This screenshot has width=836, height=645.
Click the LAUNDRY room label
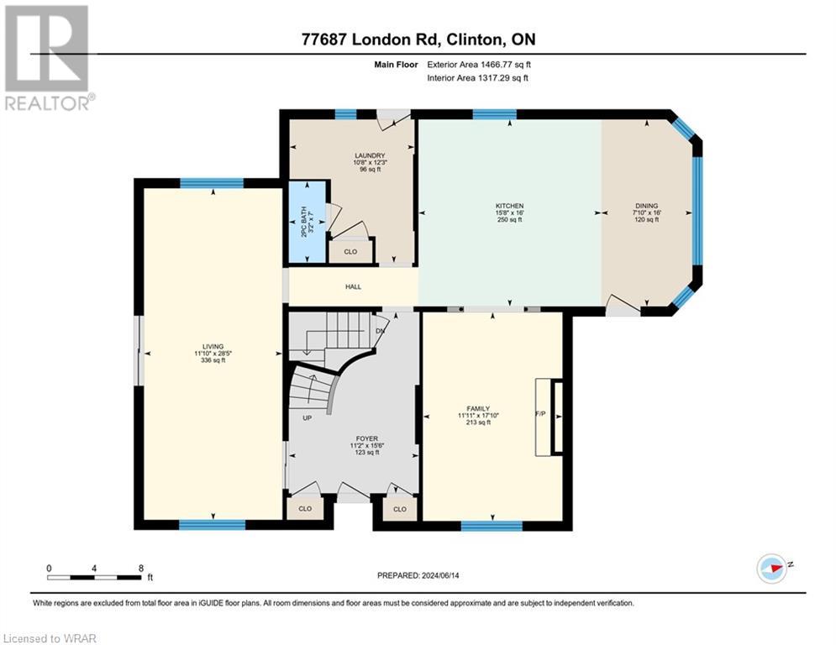click(x=370, y=155)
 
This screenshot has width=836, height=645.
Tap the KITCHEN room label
click(x=509, y=206)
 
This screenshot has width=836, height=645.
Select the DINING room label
click(x=646, y=206)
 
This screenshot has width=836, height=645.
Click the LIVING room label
click(x=213, y=346)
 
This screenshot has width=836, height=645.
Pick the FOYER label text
click(x=366, y=438)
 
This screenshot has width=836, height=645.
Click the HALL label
click(x=353, y=286)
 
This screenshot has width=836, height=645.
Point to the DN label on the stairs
click(x=381, y=331)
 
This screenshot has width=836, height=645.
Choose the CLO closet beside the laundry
click(x=351, y=251)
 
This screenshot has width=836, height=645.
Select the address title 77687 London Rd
click(x=418, y=39)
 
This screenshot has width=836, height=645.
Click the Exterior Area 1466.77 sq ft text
click(x=478, y=64)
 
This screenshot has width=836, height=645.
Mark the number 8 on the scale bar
click(x=139, y=568)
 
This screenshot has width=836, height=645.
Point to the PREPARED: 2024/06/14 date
click(x=419, y=575)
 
